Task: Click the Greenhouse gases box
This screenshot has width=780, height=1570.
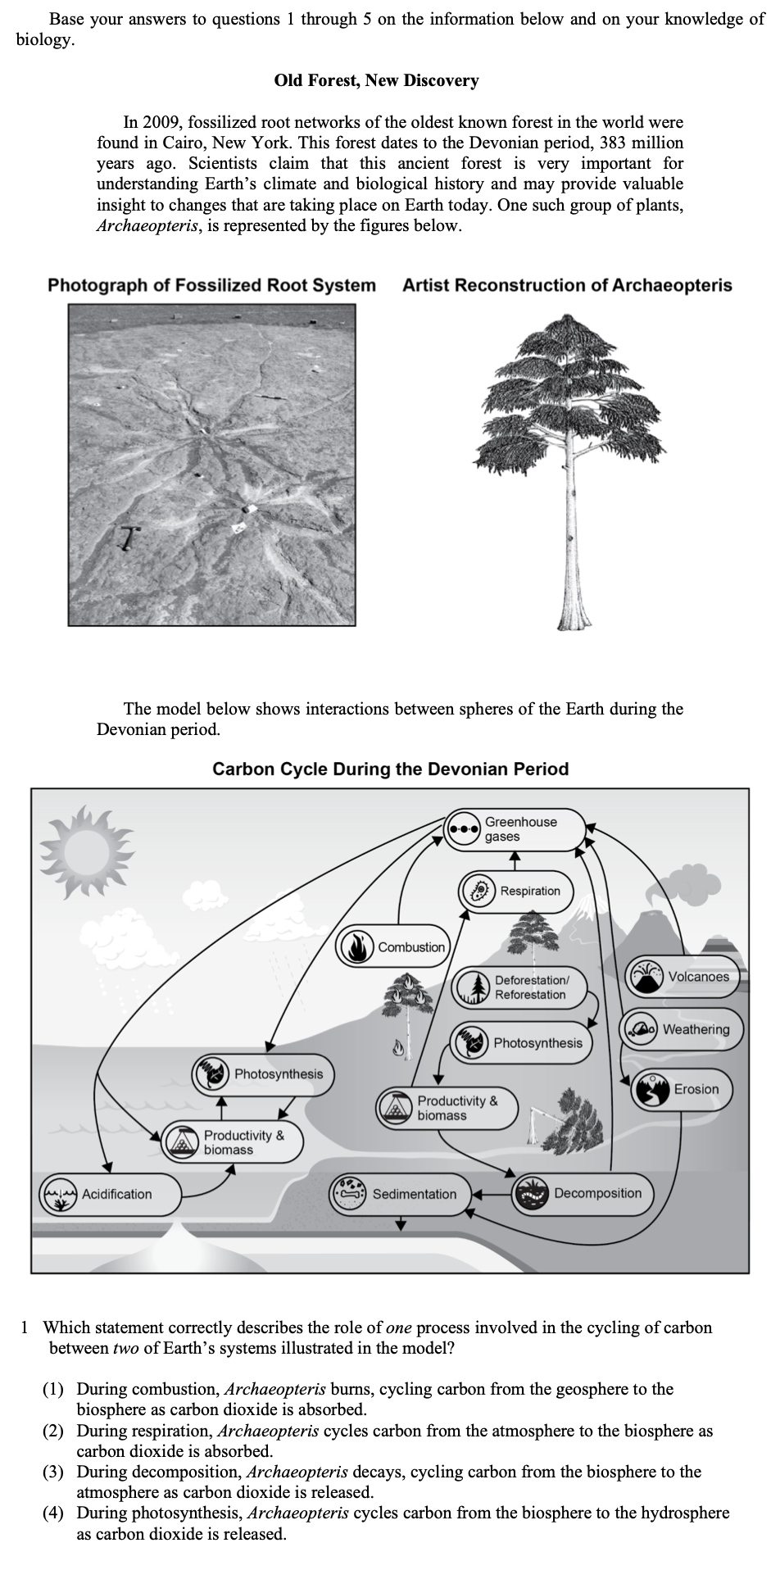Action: point(516,828)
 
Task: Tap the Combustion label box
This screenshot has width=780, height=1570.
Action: point(393,947)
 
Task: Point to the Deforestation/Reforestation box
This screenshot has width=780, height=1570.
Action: point(520,987)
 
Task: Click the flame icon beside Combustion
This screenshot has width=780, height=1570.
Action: point(356,947)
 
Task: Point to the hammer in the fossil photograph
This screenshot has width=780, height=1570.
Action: point(129,537)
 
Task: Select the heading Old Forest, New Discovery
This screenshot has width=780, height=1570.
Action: point(376,80)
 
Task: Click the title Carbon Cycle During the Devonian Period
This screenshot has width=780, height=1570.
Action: point(390,769)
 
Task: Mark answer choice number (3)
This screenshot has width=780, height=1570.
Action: point(53,1472)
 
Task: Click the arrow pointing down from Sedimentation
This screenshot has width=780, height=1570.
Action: point(401,1223)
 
